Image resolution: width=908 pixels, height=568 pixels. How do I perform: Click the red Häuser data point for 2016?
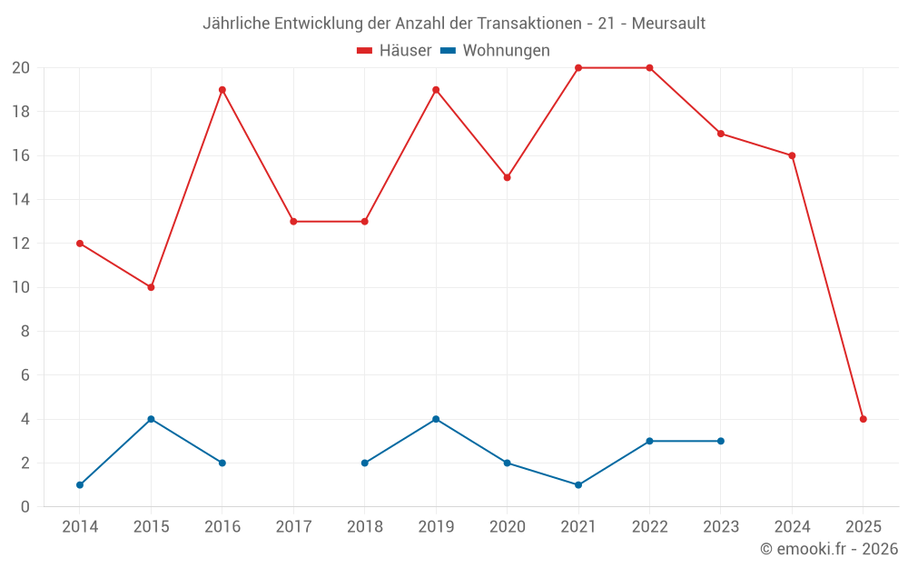click(x=222, y=90)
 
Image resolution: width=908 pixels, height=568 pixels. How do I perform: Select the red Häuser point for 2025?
click(x=864, y=419)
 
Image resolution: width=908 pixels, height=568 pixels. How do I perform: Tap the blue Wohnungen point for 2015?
click(x=151, y=419)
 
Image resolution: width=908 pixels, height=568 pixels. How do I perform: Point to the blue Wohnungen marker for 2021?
click(x=578, y=484)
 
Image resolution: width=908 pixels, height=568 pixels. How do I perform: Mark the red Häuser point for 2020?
click(x=507, y=177)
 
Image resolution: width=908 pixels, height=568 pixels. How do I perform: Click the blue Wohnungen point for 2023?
click(x=721, y=441)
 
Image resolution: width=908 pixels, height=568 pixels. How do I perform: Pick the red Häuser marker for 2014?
click(x=80, y=244)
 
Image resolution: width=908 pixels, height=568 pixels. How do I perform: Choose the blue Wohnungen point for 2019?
click(x=436, y=419)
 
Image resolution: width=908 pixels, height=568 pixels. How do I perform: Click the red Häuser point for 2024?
click(x=792, y=155)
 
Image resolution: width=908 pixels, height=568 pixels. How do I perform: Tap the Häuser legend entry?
click(x=394, y=51)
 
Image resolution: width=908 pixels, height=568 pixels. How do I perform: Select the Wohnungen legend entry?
click(x=495, y=51)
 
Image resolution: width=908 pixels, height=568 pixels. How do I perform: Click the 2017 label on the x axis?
click(x=293, y=527)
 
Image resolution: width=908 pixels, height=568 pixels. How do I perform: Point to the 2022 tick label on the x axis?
click(x=649, y=527)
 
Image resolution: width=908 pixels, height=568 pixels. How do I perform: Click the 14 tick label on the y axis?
click(x=21, y=200)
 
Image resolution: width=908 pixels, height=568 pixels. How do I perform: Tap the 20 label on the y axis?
click(x=21, y=68)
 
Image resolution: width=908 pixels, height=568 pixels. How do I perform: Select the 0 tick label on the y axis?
click(x=25, y=506)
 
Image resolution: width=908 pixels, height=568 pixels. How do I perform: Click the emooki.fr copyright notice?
click(x=828, y=549)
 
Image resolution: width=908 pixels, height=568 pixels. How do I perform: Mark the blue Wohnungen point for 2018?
click(x=365, y=463)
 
